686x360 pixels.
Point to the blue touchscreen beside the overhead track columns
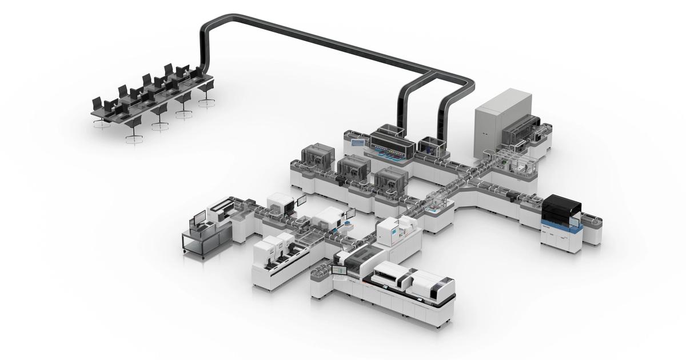point(358,142)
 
